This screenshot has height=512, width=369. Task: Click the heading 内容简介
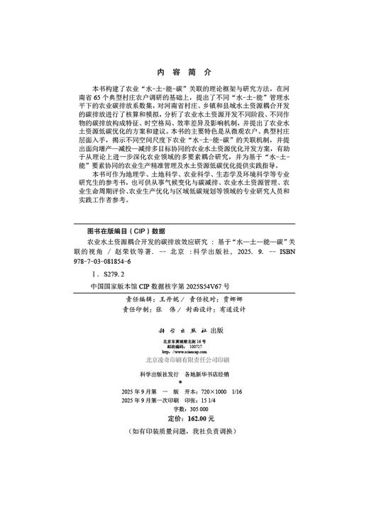click(x=184, y=73)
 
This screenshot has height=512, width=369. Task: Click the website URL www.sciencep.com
click(x=184, y=350)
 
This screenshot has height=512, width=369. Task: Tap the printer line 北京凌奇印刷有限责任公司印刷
click(x=184, y=360)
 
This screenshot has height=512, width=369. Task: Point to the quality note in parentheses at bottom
click(x=184, y=430)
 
